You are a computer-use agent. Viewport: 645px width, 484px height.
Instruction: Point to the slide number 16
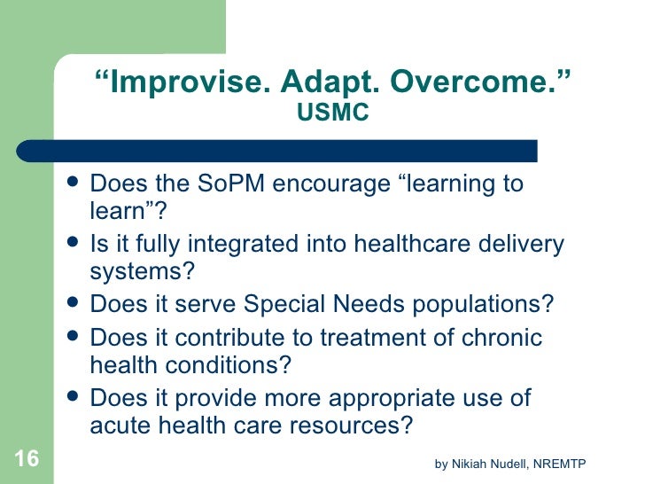coord(27,458)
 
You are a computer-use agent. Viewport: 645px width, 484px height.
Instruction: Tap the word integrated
coord(225,244)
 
